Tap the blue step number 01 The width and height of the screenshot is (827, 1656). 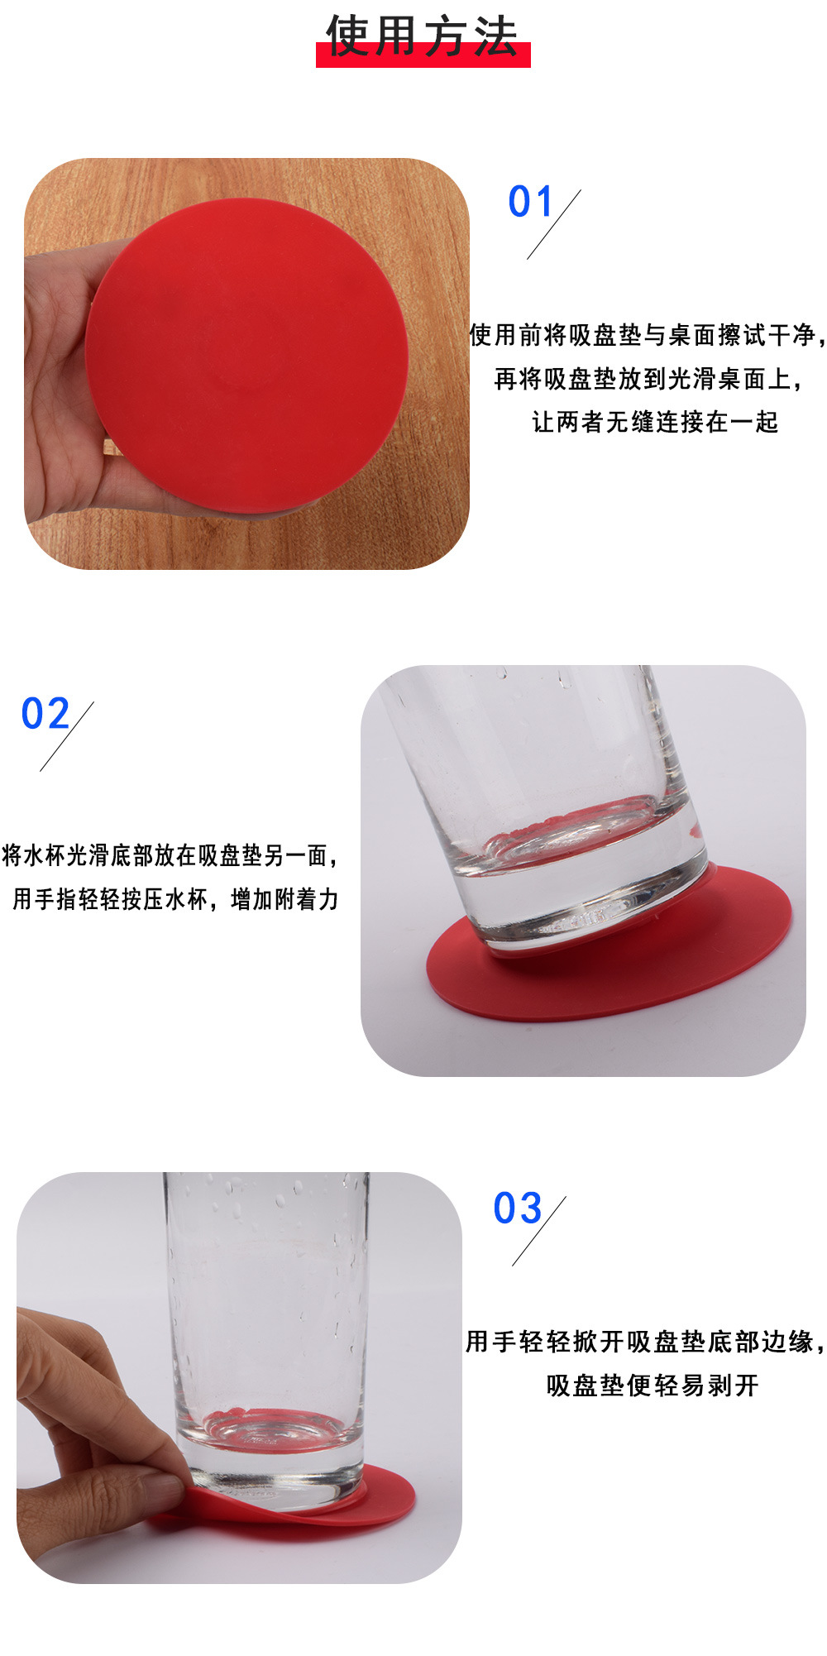point(529,202)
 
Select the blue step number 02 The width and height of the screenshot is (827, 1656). point(45,713)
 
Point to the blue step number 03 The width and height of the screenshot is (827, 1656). point(517,1208)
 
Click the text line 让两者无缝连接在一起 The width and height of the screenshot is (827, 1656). point(654,422)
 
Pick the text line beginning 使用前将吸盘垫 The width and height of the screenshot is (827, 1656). point(647,335)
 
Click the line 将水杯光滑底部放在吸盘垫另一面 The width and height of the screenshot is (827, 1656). point(170,854)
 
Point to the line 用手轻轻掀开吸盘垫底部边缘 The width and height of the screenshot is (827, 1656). point(644,1341)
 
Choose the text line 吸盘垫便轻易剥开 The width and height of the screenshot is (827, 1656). point(653,1385)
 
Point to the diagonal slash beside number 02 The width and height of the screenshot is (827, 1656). point(66,736)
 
